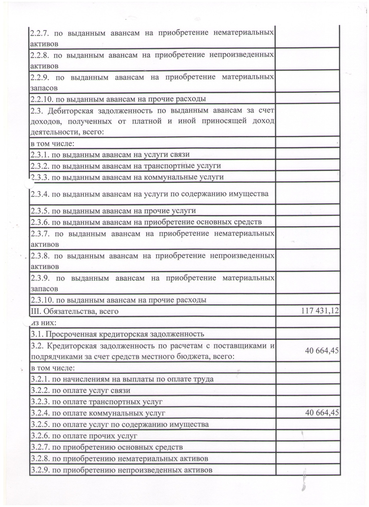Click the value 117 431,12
tap(320, 311)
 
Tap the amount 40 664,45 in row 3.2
tap(322, 351)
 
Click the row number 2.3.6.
tap(40, 222)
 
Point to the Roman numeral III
tap(35, 311)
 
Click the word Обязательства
tap(67, 311)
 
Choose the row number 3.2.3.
tap(40, 402)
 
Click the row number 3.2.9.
tap(40, 470)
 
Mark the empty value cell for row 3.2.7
tap(308, 447)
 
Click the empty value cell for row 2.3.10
tap(308, 300)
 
